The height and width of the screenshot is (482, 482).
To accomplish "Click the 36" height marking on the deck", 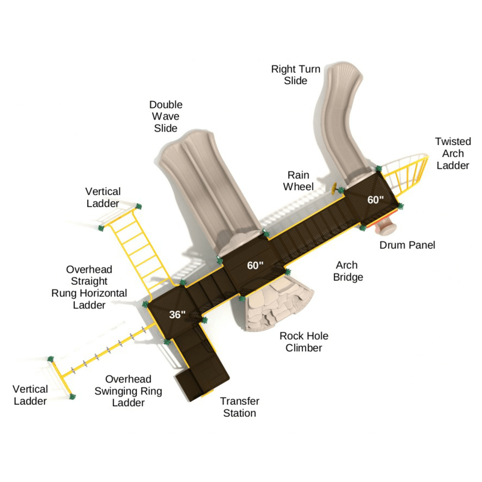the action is (177, 314).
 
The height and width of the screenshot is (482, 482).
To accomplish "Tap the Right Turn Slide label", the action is (296, 75).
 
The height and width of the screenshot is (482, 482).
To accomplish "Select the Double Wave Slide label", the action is (166, 116).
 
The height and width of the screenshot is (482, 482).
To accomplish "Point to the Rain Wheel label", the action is (298, 181).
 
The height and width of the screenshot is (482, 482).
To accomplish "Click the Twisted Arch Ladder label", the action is (453, 153).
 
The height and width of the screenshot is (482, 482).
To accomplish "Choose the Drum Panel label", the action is (407, 245).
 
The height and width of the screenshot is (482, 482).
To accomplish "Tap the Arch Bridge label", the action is (348, 271).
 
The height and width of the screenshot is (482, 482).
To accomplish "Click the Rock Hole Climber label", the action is (304, 342).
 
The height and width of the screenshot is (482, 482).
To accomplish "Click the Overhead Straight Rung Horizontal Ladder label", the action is (89, 288).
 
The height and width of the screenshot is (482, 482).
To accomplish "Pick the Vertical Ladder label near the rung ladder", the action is (103, 197).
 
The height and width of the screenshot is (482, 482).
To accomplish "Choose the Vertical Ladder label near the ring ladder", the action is (30, 395).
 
